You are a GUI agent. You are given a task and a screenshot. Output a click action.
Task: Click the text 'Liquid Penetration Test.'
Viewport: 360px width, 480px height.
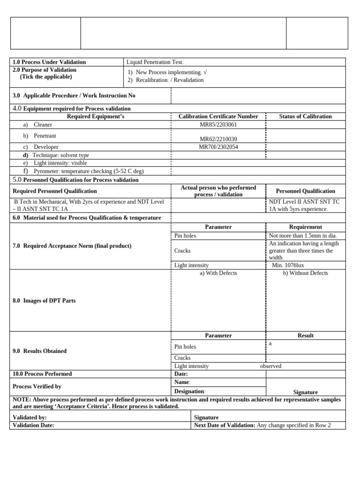tap(155, 62)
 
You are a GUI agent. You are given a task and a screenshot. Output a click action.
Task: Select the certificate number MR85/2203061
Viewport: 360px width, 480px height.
tap(218, 125)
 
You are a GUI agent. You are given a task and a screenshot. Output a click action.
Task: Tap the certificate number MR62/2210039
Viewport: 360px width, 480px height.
tap(218, 139)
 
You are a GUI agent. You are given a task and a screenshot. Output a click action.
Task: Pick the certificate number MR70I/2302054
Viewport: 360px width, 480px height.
tap(218, 147)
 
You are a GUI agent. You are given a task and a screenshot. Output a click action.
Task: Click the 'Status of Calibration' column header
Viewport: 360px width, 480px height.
tap(305, 116)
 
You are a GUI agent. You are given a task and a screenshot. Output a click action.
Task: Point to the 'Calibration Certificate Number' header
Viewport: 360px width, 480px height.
tap(218, 116)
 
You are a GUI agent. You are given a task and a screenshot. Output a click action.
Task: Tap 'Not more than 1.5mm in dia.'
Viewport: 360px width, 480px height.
tap(303, 236)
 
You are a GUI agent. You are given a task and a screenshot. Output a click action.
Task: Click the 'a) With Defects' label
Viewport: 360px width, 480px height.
tap(218, 273)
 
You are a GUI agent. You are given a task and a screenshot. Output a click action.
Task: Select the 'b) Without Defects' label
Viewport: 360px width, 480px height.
tap(305, 273)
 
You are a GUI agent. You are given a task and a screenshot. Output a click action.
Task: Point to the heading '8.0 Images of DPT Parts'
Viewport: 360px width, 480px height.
tap(44, 300)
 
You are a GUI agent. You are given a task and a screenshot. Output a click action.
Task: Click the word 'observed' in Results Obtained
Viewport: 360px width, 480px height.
tap(270, 366)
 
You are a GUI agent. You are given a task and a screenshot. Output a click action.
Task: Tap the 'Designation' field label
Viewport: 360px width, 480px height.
tap(189, 391)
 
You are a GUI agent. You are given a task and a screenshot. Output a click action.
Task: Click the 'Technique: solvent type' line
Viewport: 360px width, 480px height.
tap(61, 155)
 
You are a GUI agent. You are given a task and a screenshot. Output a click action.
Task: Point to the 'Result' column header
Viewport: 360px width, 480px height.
tap(306, 336)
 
